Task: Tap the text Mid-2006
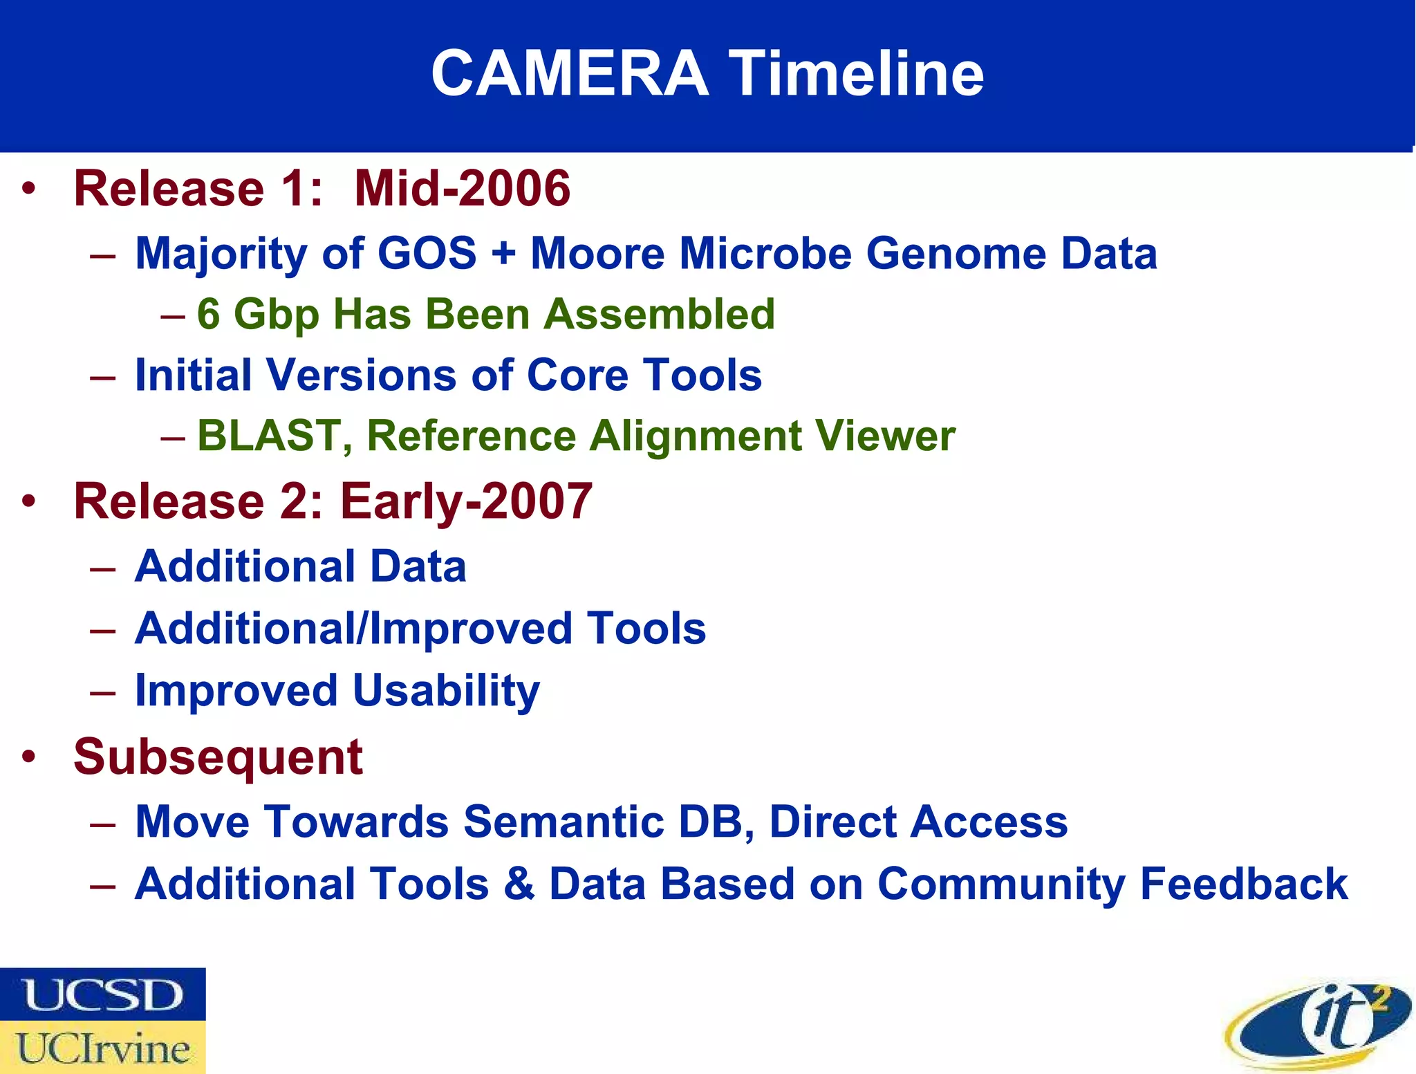click(x=462, y=188)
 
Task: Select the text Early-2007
click(x=466, y=501)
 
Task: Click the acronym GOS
click(x=427, y=253)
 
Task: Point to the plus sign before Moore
click(x=503, y=253)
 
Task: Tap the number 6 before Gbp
click(x=208, y=314)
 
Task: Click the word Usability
click(x=446, y=690)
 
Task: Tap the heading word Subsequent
click(x=218, y=757)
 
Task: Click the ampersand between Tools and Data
click(x=519, y=884)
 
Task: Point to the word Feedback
click(x=1243, y=884)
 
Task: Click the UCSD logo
click(x=102, y=994)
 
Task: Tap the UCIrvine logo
click(x=102, y=1048)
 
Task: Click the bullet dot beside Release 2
click(x=28, y=501)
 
